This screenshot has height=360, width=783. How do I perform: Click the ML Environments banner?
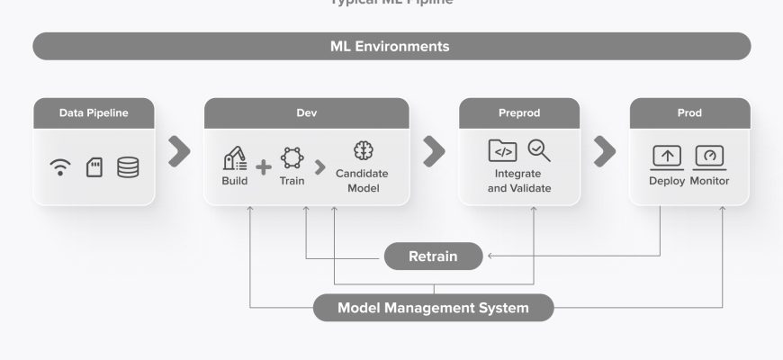click(x=391, y=46)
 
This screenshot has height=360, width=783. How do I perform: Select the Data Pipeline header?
click(x=94, y=112)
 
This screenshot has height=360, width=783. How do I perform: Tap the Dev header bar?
click(x=306, y=112)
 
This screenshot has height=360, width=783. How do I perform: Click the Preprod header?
click(x=518, y=112)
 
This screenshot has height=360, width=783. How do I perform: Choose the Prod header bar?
click(x=688, y=112)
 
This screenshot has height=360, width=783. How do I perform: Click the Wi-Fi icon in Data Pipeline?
click(x=61, y=167)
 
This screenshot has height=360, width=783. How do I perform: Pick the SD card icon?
click(x=94, y=167)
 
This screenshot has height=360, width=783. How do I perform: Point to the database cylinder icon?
click(x=128, y=167)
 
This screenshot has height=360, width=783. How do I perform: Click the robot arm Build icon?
click(x=234, y=158)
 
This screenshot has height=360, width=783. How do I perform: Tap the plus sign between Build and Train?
click(x=263, y=166)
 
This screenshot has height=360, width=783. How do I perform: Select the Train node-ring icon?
click(x=292, y=158)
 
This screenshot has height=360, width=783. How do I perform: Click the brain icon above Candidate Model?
click(x=364, y=150)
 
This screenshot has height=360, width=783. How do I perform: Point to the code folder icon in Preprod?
click(x=502, y=150)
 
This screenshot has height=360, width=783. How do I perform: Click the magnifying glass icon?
click(x=538, y=150)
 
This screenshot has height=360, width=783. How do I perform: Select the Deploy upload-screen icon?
click(x=666, y=157)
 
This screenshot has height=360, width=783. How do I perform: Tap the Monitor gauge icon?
click(x=710, y=157)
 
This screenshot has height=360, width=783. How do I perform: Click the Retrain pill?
click(x=433, y=256)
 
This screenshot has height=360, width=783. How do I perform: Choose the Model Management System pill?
click(x=433, y=308)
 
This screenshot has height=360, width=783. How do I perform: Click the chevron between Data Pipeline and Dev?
click(x=180, y=152)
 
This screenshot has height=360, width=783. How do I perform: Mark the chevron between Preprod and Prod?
click(x=603, y=152)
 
